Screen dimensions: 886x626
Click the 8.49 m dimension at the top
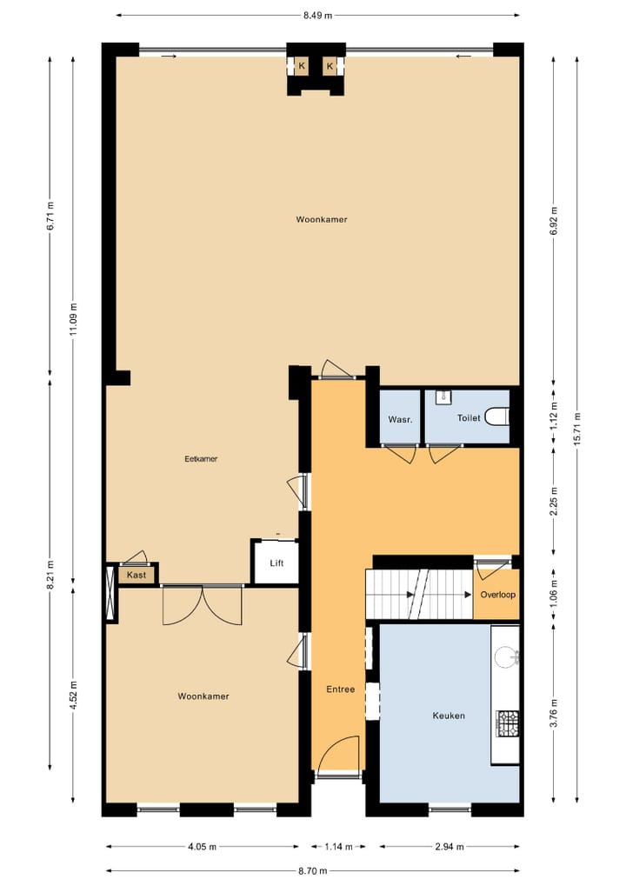tap(318, 15)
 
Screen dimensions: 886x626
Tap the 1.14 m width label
tap(331, 846)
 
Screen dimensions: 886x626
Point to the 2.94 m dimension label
tap(450, 846)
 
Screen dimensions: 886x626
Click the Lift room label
tap(276, 563)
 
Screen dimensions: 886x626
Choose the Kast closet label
tap(137, 575)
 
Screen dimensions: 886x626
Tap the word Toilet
tap(469, 418)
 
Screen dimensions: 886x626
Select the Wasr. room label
tap(400, 419)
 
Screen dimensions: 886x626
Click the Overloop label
tap(498, 595)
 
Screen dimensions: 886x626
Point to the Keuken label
tap(449, 716)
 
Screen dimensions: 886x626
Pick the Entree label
tap(340, 689)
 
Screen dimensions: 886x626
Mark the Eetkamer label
tap(201, 459)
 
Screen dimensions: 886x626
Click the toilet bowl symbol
tap(498, 417)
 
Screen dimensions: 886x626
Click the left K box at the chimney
tap(302, 66)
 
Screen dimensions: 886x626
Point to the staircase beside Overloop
tap(418, 595)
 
